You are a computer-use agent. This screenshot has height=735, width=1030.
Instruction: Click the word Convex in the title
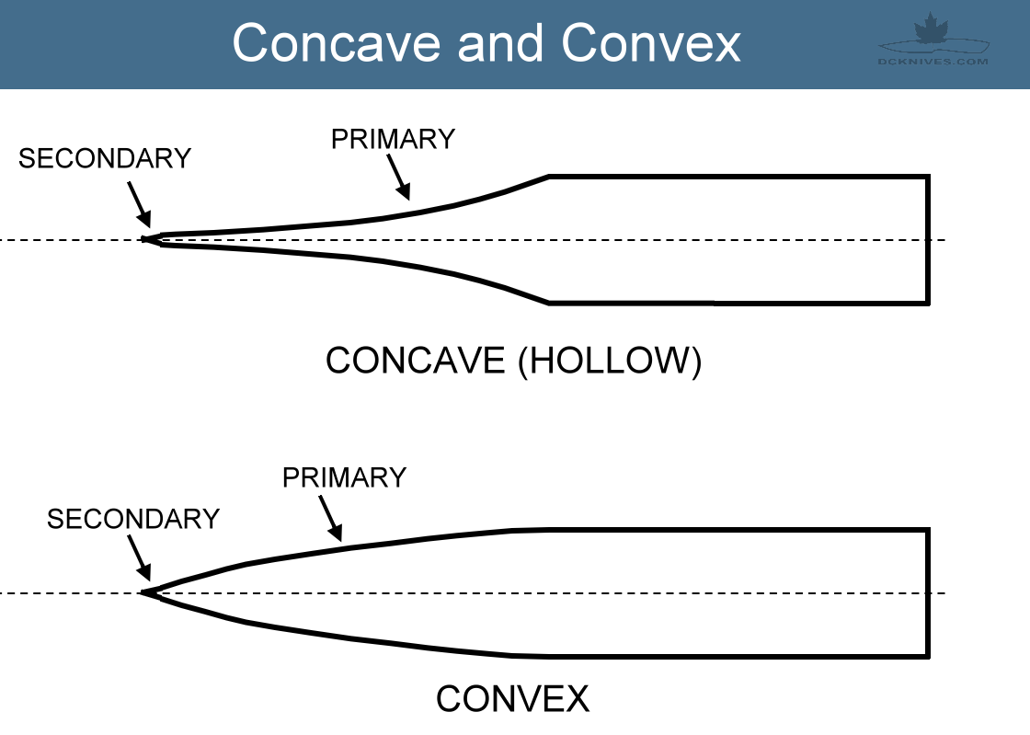click(651, 42)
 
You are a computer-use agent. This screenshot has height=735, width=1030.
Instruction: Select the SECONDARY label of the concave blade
click(105, 158)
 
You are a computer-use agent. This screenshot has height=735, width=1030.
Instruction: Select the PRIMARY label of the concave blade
click(393, 139)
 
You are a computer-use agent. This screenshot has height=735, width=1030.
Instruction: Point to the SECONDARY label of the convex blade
click(133, 519)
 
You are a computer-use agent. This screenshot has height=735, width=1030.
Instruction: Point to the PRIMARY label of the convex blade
click(344, 478)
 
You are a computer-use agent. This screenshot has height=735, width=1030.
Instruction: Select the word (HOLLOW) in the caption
click(609, 361)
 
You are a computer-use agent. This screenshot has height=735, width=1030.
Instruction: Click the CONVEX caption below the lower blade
click(512, 699)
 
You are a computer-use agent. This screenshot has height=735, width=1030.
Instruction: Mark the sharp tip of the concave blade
click(145, 240)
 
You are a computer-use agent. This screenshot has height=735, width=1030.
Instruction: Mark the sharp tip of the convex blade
click(143, 593)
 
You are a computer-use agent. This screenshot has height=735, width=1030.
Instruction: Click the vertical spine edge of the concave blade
click(928, 238)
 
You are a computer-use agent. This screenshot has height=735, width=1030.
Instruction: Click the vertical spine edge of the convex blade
click(928, 592)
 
